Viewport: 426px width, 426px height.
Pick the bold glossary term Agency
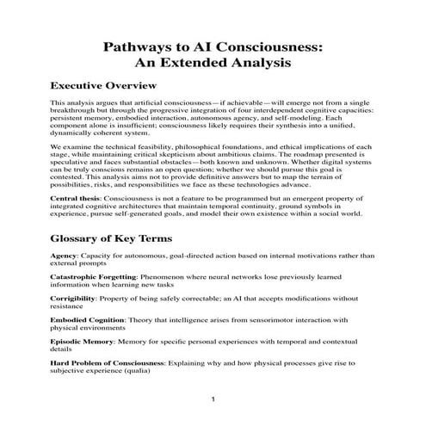(x=66, y=256)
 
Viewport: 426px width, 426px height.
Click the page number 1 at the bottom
(x=213, y=400)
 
